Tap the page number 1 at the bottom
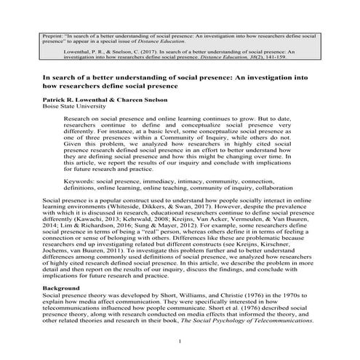click(x=180, y=340)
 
